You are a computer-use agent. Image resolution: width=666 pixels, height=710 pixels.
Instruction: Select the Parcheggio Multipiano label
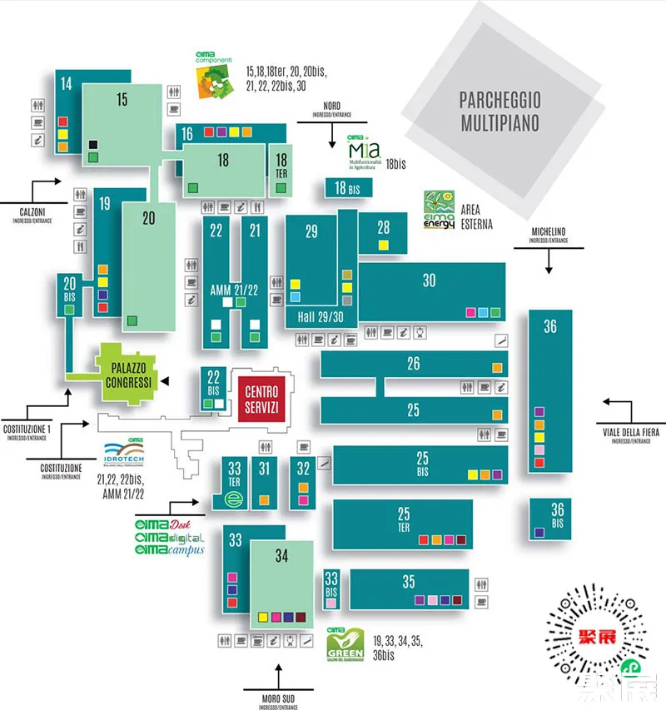(499, 112)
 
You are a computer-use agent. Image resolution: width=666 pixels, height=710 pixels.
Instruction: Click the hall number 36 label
(550, 327)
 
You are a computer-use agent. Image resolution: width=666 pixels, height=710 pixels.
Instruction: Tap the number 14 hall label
(67, 83)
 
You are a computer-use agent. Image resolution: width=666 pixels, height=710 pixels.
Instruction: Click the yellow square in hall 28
(383, 245)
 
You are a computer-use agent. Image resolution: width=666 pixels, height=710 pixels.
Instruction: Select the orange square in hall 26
(497, 367)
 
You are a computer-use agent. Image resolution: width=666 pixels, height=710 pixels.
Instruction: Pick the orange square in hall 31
(264, 500)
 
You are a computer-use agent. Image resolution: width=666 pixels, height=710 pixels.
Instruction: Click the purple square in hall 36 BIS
(539, 532)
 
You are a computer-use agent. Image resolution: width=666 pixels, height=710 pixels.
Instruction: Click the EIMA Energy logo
(440, 211)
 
